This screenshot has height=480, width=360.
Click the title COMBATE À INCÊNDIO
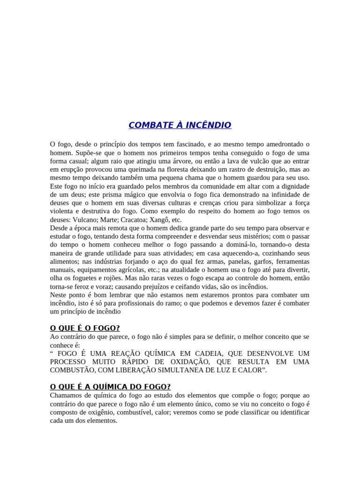coord(180,125)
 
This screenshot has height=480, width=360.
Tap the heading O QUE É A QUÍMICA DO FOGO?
coord(110,387)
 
